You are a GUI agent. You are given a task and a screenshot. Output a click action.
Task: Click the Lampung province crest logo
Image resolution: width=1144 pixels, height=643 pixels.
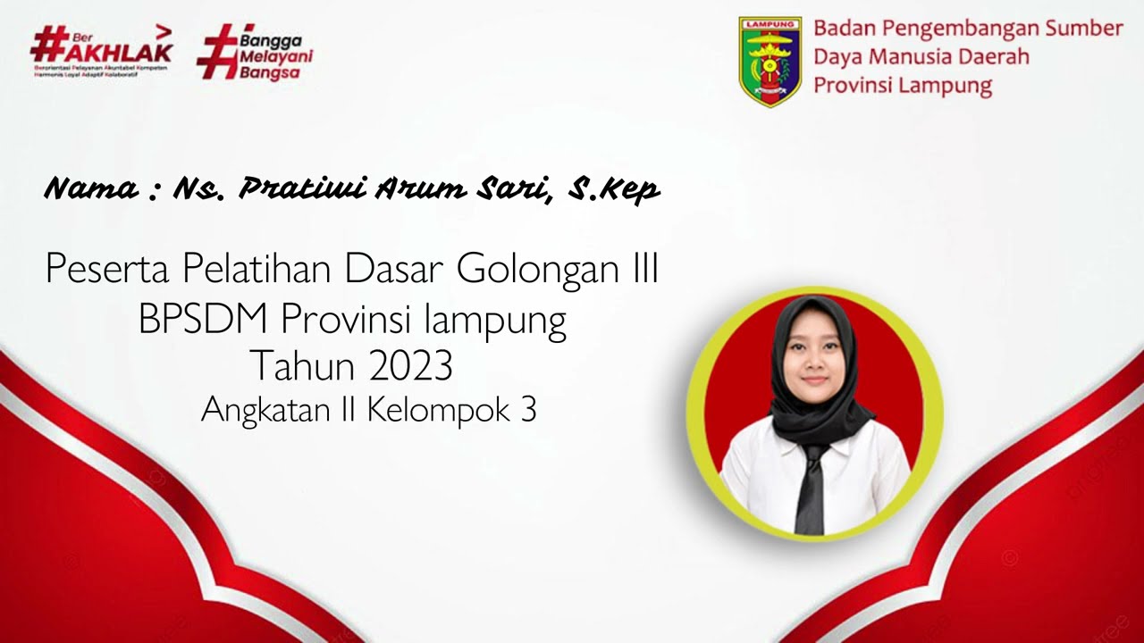point(770,61)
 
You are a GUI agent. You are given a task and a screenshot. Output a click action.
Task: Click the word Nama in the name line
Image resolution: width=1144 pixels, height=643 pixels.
point(90,189)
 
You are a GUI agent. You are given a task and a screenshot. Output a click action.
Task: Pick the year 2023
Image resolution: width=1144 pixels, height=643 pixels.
point(408,366)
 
